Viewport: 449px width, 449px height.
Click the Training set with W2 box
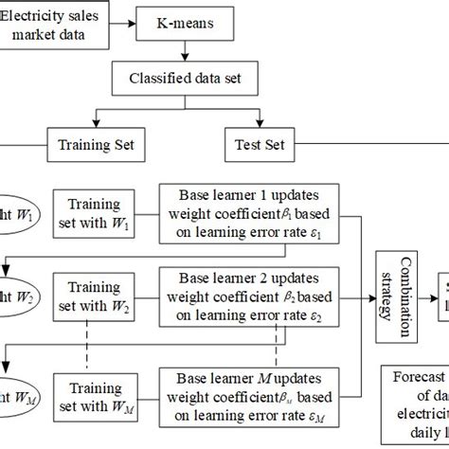pyautogui.click(x=94, y=299)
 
